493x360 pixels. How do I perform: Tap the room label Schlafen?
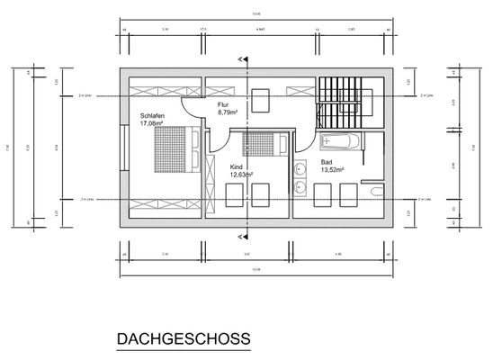pyautogui.click(x=152, y=115)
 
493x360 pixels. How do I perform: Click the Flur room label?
pyautogui.click(x=223, y=105)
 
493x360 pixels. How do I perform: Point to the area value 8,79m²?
pyautogui.click(x=229, y=113)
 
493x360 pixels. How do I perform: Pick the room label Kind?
pyautogui.click(x=237, y=167)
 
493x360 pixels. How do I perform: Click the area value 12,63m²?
pyautogui.click(x=242, y=175)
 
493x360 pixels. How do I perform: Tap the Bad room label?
pyautogui.click(x=327, y=163)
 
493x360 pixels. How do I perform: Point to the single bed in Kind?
pyautogui.click(x=259, y=143)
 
